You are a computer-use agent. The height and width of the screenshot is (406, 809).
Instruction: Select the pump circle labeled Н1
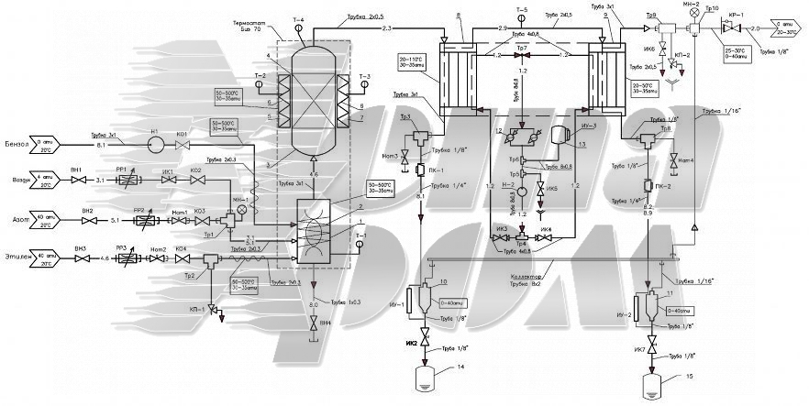point(156,145)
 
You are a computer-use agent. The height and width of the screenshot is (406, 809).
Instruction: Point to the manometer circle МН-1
point(242,209)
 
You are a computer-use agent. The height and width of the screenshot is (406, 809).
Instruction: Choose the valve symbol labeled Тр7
point(522,55)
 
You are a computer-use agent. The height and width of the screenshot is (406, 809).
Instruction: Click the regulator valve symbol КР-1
point(732,28)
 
